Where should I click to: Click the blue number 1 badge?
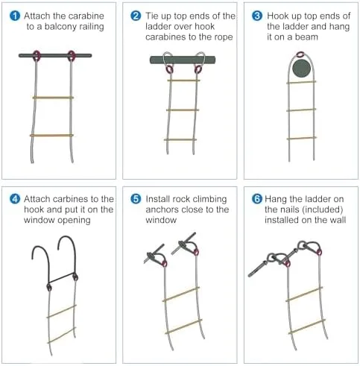pyautogui.click(x=13, y=16)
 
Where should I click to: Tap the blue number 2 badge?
pyautogui.click(x=135, y=16)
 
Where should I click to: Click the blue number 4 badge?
pyautogui.click(x=13, y=199)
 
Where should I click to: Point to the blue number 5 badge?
pyautogui.click(x=135, y=199)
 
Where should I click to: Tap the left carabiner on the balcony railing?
pyautogui.click(x=35, y=54)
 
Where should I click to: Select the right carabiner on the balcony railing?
pyautogui.click(x=72, y=54)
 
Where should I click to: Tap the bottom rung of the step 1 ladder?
pyautogui.click(x=52, y=135)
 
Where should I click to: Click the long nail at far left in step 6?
pyautogui.click(x=259, y=271)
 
